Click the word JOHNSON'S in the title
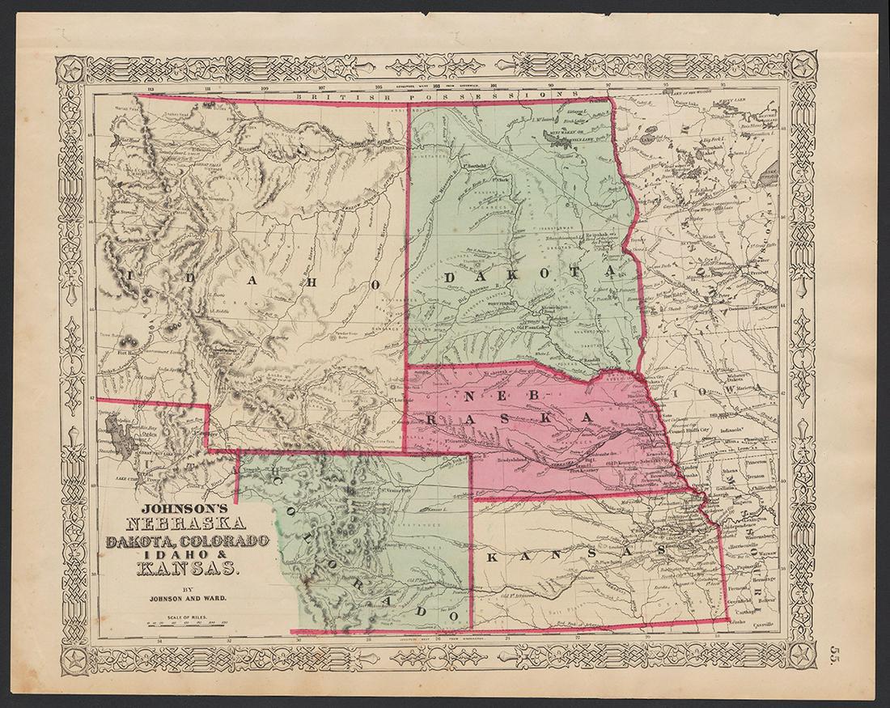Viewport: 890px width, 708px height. click(177, 511)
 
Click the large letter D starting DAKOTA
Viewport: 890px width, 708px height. click(449, 278)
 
